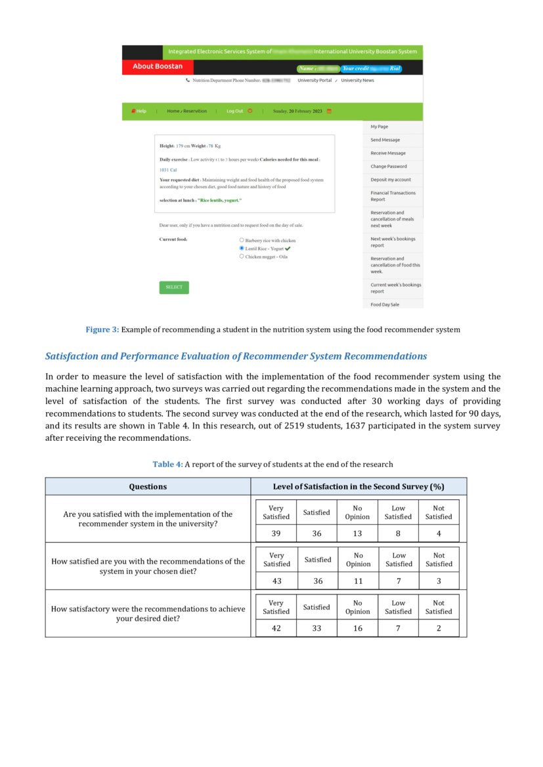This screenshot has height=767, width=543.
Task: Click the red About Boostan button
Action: coord(158,66)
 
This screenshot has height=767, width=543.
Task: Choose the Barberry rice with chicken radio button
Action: coord(242,240)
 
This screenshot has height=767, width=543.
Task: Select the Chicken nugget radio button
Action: coord(242,257)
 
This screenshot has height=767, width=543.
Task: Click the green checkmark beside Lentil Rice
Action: coord(288,249)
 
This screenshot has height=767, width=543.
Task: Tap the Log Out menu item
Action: coord(235,111)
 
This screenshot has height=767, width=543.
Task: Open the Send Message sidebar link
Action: coord(385,140)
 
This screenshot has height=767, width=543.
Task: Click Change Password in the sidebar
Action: coord(388,166)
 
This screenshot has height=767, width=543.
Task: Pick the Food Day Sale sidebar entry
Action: coord(385,304)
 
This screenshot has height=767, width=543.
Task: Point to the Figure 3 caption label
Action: coord(102,329)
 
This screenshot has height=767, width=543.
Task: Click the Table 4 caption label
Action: coord(167,464)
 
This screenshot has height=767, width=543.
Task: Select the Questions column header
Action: coord(148,486)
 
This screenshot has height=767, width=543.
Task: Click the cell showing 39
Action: coord(276,533)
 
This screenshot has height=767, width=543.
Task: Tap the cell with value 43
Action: coord(276,581)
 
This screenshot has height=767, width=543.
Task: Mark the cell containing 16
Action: coord(357,628)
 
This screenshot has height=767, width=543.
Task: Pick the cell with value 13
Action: coord(357,533)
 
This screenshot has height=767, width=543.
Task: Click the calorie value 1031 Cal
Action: coord(169,169)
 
